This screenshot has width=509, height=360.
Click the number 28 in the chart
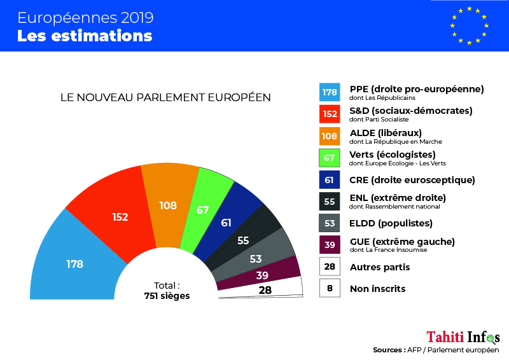pos(264,290)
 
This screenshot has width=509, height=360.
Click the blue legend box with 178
pos(329,92)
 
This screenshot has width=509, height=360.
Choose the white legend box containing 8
pos(329,288)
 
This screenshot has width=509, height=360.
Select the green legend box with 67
pos(329,158)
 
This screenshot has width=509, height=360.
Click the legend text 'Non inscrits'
pos(377,289)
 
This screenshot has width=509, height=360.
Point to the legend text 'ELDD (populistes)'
pos(391,223)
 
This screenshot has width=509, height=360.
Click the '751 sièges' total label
pos(167,296)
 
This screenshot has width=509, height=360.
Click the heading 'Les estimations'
pos(85,36)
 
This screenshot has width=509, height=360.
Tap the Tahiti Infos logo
pos(463,336)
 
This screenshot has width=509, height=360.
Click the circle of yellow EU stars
pos(469,25)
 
